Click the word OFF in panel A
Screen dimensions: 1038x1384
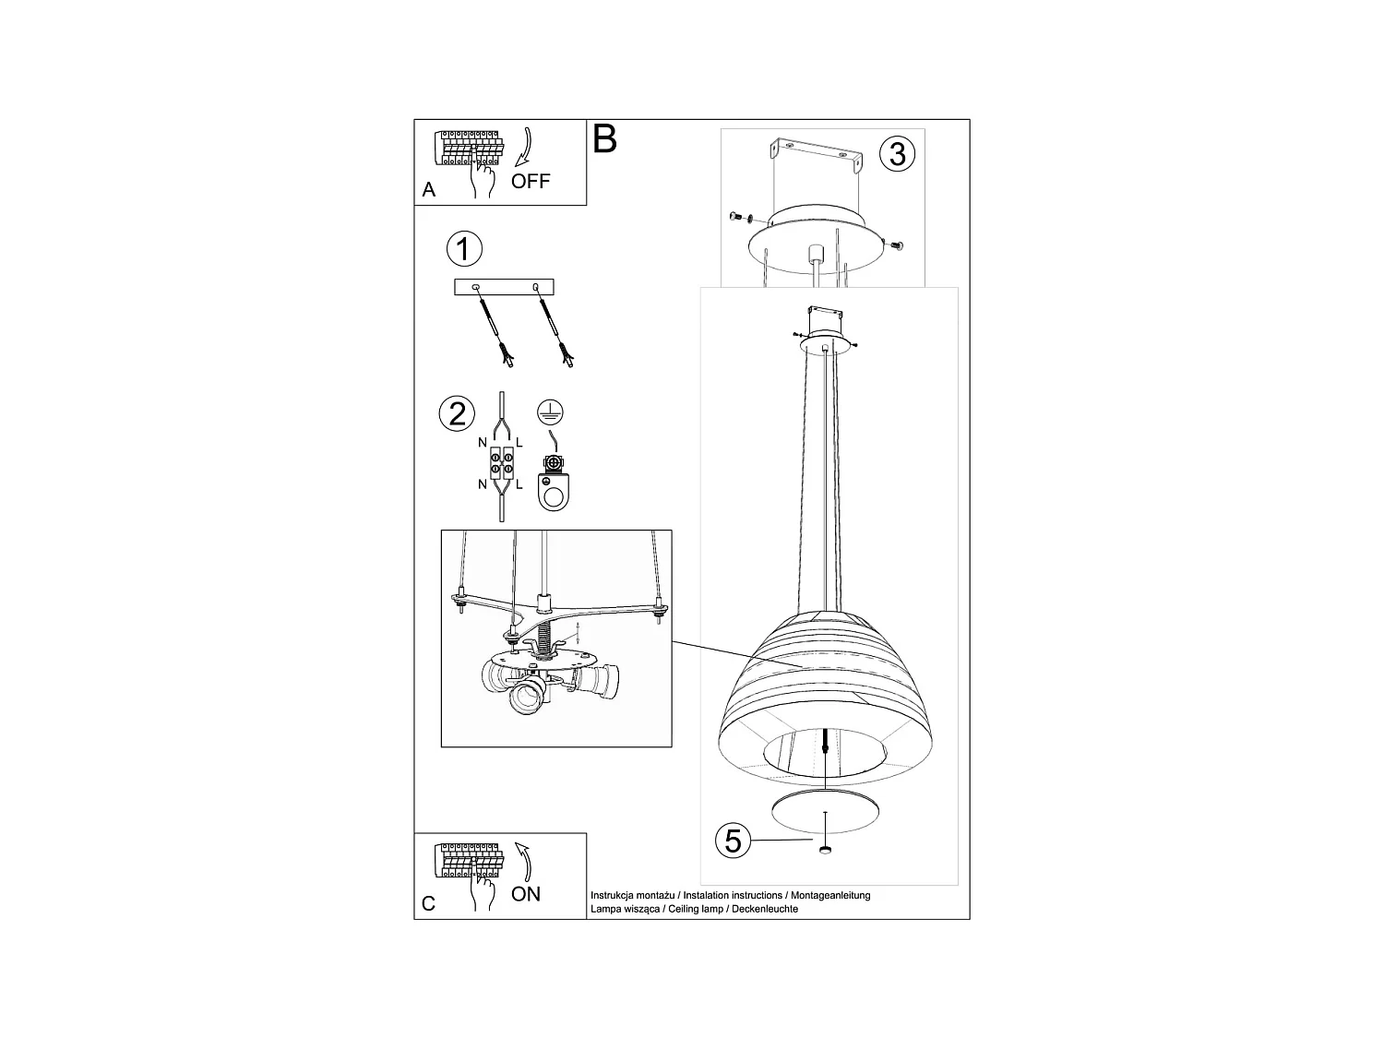pos(531,181)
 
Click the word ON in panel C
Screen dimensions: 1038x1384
pos(526,893)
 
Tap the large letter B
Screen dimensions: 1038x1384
pos(604,139)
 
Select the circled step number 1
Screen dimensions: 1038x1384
pos(464,249)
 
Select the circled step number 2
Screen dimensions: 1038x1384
pos(458,412)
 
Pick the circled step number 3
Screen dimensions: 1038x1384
pos(898,153)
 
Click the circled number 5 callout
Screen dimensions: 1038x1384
pos(734,841)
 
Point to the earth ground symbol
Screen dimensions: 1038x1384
pos(551,412)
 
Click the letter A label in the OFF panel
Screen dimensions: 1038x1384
pos(428,190)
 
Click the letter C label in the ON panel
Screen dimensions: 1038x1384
pos(428,904)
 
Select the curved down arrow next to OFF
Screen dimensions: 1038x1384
pos(524,148)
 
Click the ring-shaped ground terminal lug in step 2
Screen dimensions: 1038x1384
pos(554,489)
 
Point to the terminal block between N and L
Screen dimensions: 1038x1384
pos(502,464)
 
